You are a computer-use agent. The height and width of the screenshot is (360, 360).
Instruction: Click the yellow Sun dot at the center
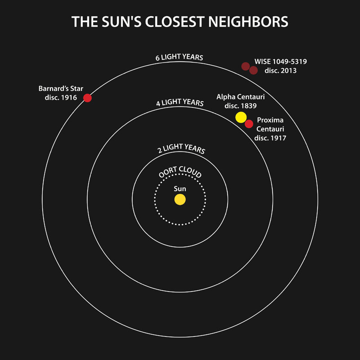180,199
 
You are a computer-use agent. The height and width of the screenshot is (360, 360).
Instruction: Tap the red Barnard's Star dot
87,98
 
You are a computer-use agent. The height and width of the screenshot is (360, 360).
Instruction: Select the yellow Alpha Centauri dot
241,117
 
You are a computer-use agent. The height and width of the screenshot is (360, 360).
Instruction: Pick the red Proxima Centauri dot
249,124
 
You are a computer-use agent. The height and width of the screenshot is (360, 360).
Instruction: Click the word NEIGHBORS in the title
248,22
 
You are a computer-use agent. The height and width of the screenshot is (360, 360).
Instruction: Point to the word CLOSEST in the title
175,22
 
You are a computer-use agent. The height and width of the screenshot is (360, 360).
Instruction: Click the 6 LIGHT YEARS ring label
179,57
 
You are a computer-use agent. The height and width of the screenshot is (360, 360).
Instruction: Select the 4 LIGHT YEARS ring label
180,103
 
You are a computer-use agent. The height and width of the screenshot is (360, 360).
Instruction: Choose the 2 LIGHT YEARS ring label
181,148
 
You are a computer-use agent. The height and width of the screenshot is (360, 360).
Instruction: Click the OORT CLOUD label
180,172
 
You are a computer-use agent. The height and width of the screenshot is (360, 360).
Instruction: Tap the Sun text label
180,189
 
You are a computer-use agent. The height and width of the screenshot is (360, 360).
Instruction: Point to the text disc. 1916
61,98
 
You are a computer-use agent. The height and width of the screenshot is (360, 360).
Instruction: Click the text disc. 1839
241,106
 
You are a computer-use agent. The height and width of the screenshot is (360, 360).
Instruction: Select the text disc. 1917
270,138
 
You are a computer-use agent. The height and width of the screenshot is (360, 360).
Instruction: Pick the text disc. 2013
280,71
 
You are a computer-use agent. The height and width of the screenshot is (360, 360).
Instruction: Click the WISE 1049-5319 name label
280,62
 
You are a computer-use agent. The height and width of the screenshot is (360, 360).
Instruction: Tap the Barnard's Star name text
61,89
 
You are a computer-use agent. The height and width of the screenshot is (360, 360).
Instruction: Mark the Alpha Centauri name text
241,97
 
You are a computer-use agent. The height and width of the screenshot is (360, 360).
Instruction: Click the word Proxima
270,120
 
